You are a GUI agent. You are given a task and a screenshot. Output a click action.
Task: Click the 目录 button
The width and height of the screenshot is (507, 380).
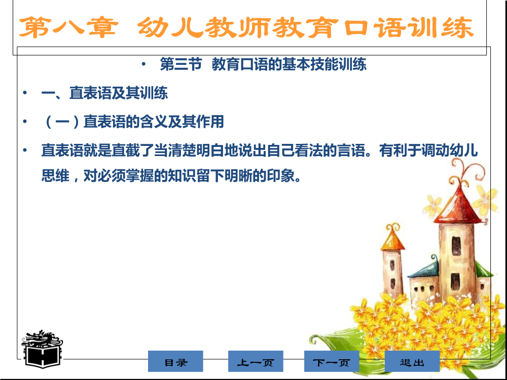pyautogui.click(x=175, y=361)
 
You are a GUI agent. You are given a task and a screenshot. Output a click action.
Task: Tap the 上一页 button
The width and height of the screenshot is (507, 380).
pyautogui.click(x=256, y=361)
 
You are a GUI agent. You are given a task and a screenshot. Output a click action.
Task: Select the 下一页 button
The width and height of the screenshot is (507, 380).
pyautogui.click(x=332, y=361)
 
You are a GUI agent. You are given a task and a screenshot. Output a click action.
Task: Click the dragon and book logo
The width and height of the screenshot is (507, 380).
pyautogui.click(x=42, y=349)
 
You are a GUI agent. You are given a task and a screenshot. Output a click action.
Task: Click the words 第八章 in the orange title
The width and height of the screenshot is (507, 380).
pyautogui.click(x=68, y=27)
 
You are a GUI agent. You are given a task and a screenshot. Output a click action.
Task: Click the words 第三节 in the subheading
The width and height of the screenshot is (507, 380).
pyautogui.click(x=181, y=64)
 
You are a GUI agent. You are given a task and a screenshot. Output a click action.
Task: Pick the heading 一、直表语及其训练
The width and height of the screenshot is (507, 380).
pyautogui.click(x=104, y=93)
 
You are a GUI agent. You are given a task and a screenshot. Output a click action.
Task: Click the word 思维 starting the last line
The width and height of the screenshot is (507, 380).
pyautogui.click(x=55, y=176)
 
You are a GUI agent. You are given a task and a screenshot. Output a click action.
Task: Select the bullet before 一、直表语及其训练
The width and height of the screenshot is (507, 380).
pyautogui.click(x=25, y=93)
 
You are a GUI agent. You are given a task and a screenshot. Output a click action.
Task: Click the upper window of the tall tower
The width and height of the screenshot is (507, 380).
pyautogui.click(x=456, y=246)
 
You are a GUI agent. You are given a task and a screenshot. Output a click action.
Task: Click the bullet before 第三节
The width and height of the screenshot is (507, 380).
pyautogui.click(x=143, y=64)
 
